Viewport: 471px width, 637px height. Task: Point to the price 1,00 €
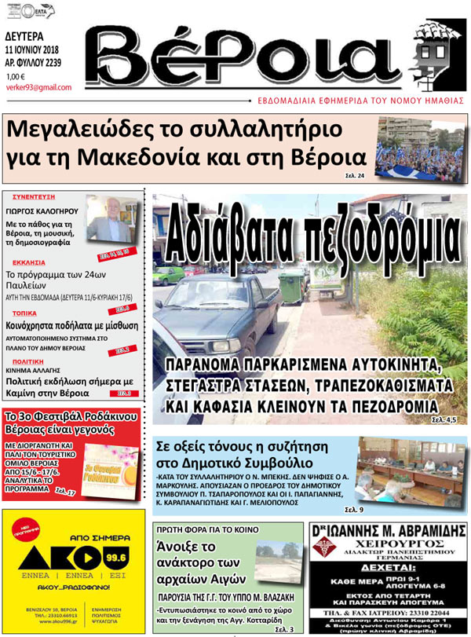point(16,76)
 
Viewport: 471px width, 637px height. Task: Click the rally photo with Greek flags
point(420,148)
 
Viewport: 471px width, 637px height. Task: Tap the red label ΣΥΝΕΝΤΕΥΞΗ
point(32,199)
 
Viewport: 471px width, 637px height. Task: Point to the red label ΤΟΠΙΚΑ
point(24,313)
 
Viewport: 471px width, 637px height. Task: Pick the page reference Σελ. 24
point(355,175)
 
